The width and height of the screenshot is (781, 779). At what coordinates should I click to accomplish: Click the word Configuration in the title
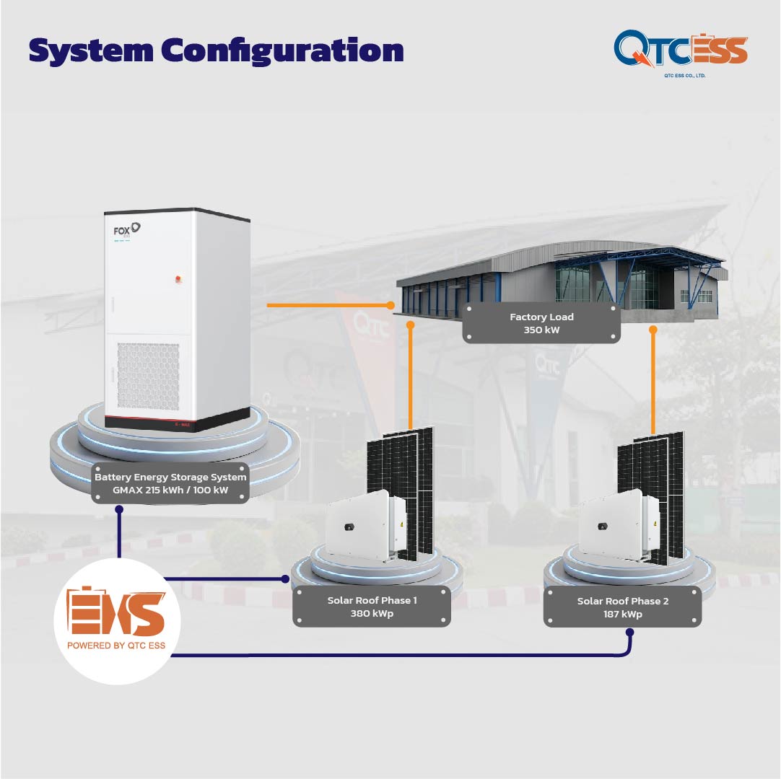point(282,51)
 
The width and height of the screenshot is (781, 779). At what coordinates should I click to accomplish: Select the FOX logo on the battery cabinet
point(126,230)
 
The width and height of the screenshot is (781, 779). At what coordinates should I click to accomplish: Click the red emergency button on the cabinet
point(178,278)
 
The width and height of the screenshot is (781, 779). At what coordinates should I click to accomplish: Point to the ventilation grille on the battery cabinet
point(148,377)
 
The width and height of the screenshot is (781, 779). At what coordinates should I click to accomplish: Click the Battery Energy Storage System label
point(170,483)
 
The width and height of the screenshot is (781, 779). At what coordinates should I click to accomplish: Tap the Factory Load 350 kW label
point(541,323)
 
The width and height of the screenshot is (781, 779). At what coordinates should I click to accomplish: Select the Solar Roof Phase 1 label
point(372,607)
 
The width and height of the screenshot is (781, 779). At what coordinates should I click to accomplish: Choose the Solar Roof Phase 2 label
point(623,607)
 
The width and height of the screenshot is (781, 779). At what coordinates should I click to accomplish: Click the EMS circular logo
point(117,621)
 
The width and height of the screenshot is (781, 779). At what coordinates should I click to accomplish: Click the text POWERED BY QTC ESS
point(116,645)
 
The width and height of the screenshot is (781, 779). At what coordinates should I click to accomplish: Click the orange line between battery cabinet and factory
point(328,305)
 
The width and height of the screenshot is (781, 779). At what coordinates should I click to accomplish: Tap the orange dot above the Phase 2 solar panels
point(653,330)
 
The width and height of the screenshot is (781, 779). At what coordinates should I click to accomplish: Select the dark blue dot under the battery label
point(119,509)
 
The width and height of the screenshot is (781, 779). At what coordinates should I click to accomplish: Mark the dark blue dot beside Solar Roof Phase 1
point(285,579)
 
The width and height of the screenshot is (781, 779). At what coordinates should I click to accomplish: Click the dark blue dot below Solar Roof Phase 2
point(629,633)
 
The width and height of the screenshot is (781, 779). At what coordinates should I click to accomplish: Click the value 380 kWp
point(372,613)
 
